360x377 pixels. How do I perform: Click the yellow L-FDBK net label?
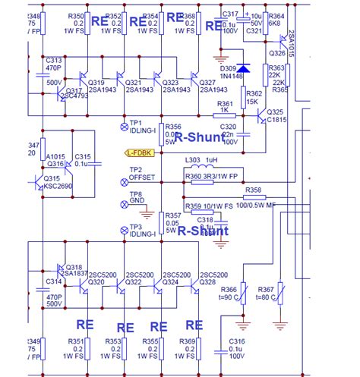(141, 153)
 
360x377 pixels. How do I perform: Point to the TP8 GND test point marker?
(125, 205)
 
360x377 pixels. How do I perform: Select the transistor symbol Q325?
(259, 116)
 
